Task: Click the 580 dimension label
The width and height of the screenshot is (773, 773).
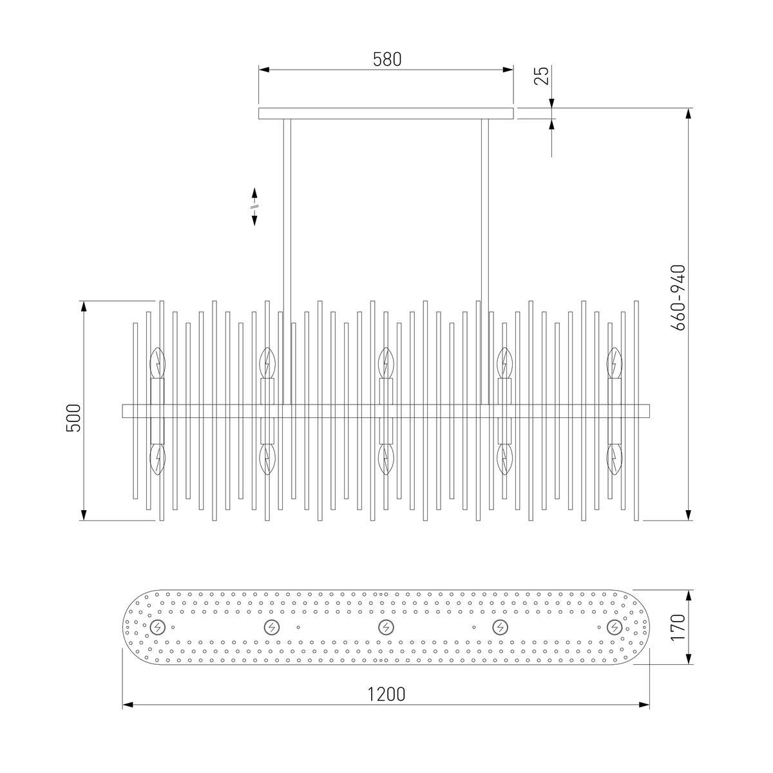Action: pyautogui.click(x=386, y=59)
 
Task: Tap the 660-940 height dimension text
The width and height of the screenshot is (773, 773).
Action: pyautogui.click(x=678, y=298)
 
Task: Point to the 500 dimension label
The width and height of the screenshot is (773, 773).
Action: pyautogui.click(x=73, y=418)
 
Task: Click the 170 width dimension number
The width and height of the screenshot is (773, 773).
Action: pyautogui.click(x=678, y=628)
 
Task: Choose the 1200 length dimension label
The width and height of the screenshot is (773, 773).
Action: pyautogui.click(x=386, y=694)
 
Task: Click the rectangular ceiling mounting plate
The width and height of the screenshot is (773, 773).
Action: pyautogui.click(x=386, y=113)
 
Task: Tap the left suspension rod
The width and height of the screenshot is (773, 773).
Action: pyautogui.click(x=287, y=262)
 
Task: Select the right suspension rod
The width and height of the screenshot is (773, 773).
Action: pyautogui.click(x=485, y=262)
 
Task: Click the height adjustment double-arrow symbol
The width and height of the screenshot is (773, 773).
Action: pyautogui.click(x=254, y=207)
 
